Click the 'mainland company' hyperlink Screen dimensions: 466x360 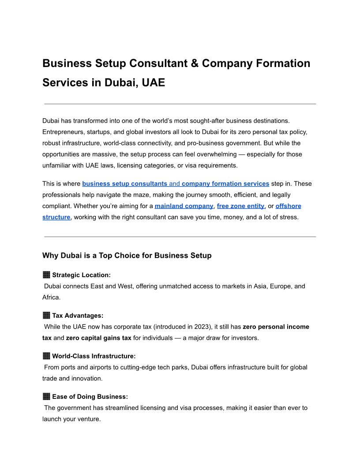pos(184,206)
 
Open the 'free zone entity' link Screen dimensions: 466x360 pos(240,206)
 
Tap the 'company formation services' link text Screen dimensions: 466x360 pos(225,184)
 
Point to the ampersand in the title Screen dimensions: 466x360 pos(195,63)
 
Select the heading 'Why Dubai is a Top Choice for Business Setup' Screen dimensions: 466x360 pos(127,256)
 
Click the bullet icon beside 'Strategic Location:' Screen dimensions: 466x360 pos(46,275)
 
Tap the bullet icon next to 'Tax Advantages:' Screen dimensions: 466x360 pos(46,316)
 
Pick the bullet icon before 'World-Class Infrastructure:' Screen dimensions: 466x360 pos(46,356)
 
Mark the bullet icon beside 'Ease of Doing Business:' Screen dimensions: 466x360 pos(46,397)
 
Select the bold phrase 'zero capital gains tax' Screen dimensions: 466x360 pos(98,338)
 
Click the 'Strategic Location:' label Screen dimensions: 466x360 pos(81,275)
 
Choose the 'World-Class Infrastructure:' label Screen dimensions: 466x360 pos(94,356)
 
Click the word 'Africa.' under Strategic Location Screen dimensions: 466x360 pos(51,297)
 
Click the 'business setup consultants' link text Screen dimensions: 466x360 pos(124,184)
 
